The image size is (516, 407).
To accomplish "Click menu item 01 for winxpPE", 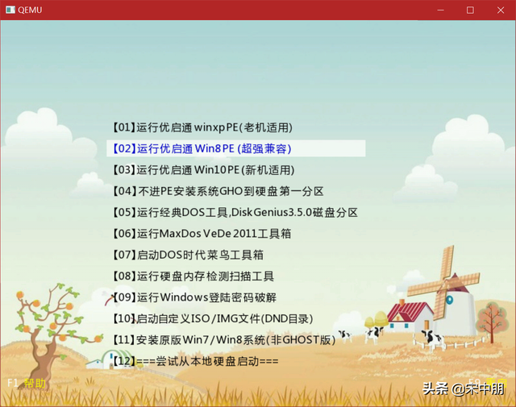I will pyautogui.click(x=202, y=127).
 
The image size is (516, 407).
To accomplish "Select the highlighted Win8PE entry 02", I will pyautogui.click(x=202, y=149).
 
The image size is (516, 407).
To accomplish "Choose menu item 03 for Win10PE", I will pyautogui.click(x=204, y=170).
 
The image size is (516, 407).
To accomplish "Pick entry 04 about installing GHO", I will pyautogui.click(x=218, y=192).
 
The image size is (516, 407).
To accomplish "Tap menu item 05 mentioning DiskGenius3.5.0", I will pyautogui.click(x=235, y=213).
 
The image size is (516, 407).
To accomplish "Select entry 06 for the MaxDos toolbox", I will pyautogui.click(x=202, y=234).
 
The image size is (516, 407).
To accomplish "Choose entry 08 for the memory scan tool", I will pyautogui.click(x=193, y=276).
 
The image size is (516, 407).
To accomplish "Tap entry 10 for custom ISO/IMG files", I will pyautogui.click(x=213, y=318).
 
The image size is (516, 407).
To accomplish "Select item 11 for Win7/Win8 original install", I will pyautogui.click(x=223, y=340).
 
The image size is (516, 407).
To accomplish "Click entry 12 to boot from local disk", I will pyautogui.click(x=194, y=361).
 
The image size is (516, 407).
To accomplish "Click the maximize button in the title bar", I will pyautogui.click(x=470, y=10).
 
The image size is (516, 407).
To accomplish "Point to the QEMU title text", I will pyautogui.click(x=30, y=10).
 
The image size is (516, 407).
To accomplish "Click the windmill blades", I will pyautogui.click(x=440, y=270).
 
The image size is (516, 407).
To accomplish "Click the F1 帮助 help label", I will pyautogui.click(x=27, y=384).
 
